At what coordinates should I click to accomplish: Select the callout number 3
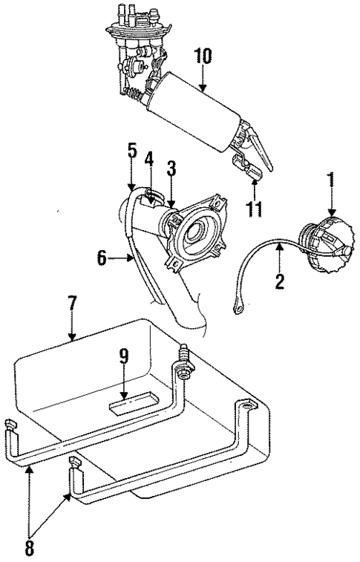coord(171,168)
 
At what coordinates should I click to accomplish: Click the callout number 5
coord(131,151)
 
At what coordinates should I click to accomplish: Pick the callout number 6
coord(103,258)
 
